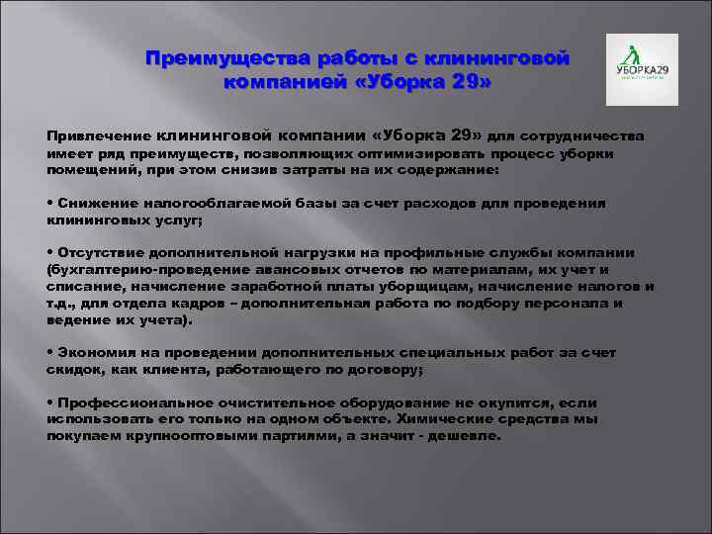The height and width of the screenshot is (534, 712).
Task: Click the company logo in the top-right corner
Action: (642, 69)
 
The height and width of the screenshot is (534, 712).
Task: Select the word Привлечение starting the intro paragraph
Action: (97, 135)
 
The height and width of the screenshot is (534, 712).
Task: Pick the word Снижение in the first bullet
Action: (92, 202)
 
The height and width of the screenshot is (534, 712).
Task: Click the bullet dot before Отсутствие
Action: (50, 251)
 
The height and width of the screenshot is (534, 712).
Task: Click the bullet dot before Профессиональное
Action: (50, 402)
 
